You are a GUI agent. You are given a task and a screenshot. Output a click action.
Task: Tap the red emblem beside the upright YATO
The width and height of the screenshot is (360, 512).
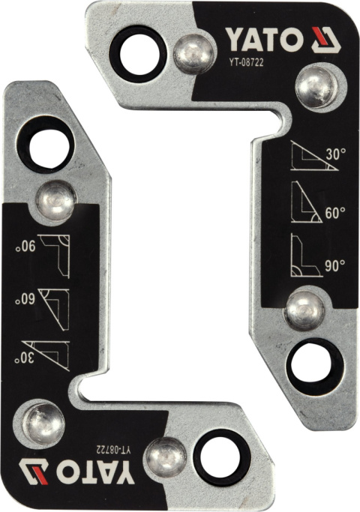pos(325,40)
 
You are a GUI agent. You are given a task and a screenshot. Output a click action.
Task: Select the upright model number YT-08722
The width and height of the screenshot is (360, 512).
pos(246,61)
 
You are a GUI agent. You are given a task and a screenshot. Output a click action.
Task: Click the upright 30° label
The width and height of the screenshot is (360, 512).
pos(335,154)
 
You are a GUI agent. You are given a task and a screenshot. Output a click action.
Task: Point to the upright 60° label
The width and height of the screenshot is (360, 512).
pos(335,213)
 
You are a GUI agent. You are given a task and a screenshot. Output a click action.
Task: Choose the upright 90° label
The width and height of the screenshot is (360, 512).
pos(335,265)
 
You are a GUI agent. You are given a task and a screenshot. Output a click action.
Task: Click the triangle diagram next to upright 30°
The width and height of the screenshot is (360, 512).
pos(313,156)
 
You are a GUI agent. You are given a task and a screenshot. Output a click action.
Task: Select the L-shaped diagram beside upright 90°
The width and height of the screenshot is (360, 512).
pos(307,256)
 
